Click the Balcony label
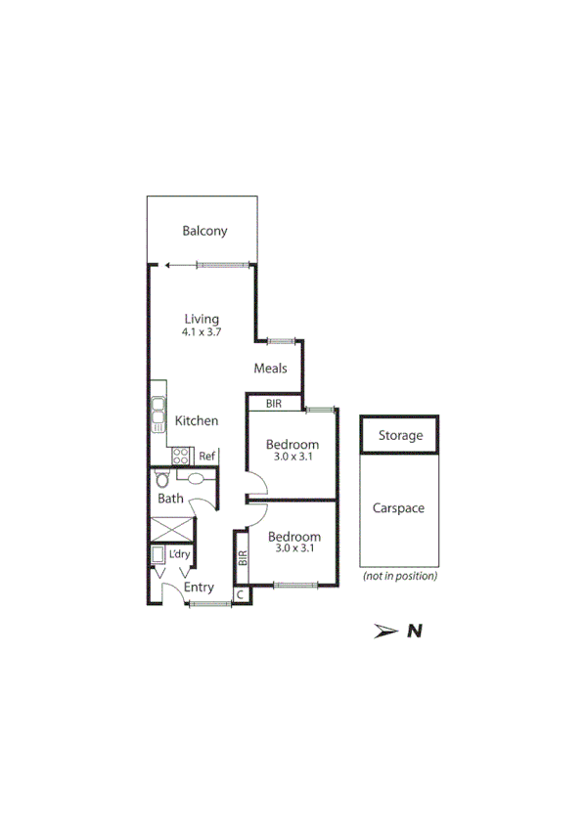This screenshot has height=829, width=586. click(x=204, y=232)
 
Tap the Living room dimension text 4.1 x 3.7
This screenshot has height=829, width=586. click(x=202, y=332)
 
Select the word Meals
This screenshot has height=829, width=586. click(x=270, y=369)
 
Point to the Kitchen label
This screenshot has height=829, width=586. click(x=196, y=421)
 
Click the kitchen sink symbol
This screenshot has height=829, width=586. click(x=158, y=414)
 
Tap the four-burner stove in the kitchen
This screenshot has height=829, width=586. click(x=181, y=456)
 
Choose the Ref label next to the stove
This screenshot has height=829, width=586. click(x=206, y=457)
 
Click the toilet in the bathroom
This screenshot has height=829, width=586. click(x=162, y=480)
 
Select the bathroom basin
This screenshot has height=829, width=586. click(x=199, y=479)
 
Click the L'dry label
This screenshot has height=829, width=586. click(x=179, y=555)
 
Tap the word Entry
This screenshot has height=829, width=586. click(x=199, y=588)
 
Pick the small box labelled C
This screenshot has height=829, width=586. click(x=240, y=594)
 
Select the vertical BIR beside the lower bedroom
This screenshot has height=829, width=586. click(x=242, y=559)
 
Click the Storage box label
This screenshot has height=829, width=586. click(x=400, y=436)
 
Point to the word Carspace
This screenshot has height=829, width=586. click(x=398, y=509)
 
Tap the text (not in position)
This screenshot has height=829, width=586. click(x=399, y=577)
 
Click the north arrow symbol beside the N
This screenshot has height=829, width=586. click(x=386, y=632)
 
